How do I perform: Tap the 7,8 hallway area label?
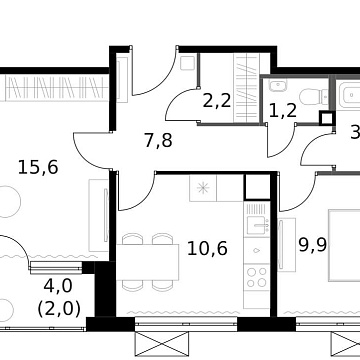(x=157, y=140)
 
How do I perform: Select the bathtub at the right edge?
(x=350, y=97)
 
